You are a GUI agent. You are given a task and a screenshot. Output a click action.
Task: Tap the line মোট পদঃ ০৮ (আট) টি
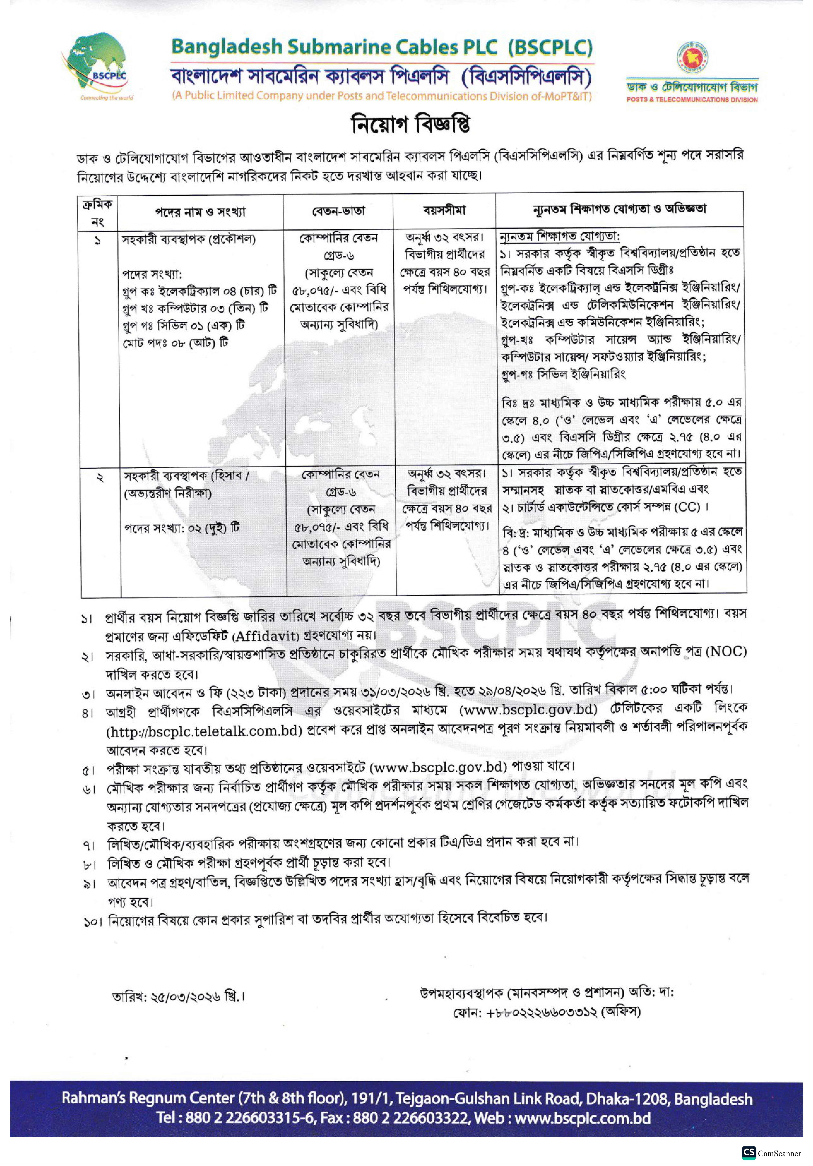[x=175, y=343]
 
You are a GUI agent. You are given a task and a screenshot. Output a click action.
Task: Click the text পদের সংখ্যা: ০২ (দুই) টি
[x=182, y=528]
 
